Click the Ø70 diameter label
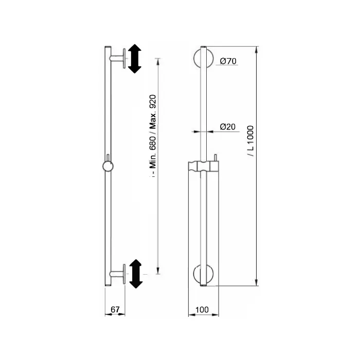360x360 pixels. click(228, 61)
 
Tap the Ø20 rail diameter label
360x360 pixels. click(227, 127)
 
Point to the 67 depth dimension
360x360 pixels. click(115, 310)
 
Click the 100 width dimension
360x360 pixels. click(202, 310)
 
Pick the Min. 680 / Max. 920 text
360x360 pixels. click(153, 132)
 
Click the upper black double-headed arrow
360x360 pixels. click(135, 59)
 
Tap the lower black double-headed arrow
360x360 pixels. click(136, 274)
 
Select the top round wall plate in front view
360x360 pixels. click(204, 58)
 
